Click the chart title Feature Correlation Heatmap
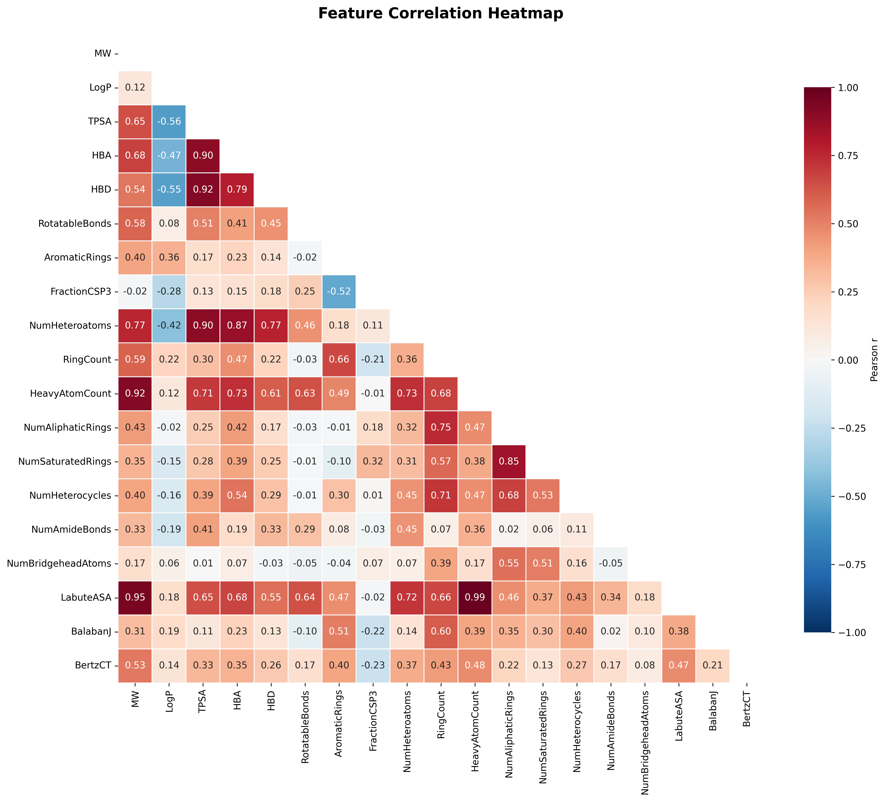440,14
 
